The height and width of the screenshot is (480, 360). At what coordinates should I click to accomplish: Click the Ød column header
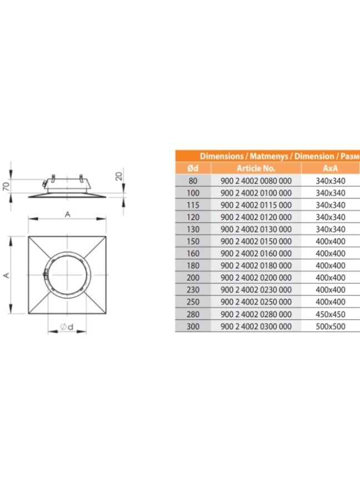193,168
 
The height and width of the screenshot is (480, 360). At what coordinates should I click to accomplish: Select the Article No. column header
256,168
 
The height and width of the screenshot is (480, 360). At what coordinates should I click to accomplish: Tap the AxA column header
331,168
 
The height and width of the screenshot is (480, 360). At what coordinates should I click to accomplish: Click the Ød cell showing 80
193,181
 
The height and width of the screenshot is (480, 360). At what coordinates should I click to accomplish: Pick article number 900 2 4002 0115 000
256,205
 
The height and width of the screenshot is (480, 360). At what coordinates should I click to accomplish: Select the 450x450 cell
331,314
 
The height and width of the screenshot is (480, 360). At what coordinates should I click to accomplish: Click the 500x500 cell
331,326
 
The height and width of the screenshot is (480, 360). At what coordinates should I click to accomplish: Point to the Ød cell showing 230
193,290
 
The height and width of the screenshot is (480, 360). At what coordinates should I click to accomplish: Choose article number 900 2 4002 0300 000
256,326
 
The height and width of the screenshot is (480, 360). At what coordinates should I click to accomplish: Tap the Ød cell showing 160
193,253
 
